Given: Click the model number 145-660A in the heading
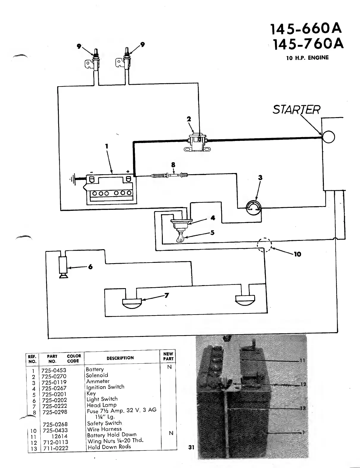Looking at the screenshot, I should click(x=306, y=29).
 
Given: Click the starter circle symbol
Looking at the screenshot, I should click(x=329, y=137).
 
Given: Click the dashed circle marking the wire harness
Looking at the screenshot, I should click(x=264, y=245).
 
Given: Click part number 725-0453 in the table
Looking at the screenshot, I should click(x=54, y=370).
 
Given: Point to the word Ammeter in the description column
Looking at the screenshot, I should click(x=98, y=381).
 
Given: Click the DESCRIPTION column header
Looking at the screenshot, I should click(x=120, y=358).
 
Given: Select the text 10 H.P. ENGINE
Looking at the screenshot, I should click(x=307, y=58).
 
